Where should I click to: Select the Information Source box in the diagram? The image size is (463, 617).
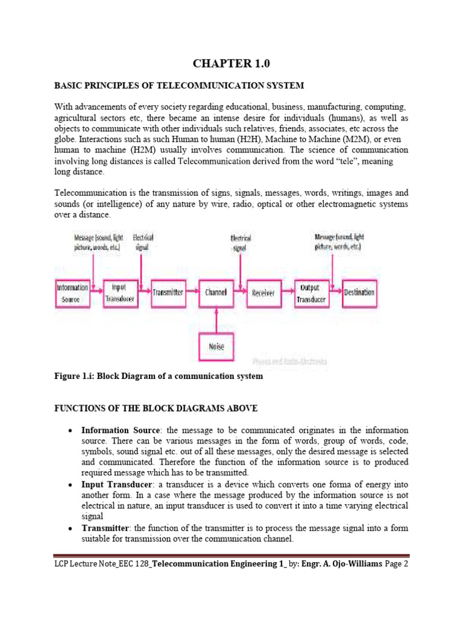click(72, 293)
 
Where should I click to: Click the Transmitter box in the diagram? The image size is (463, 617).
click(168, 292)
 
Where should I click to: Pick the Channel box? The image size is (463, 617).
click(216, 292)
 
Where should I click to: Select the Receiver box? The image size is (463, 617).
click(263, 292)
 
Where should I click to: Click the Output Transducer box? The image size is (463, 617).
click(311, 293)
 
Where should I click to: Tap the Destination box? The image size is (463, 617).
click(359, 292)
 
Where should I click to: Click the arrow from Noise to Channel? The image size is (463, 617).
click(216, 319)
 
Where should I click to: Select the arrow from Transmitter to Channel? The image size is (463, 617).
click(192, 292)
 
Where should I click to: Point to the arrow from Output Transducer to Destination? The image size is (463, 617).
click(335, 292)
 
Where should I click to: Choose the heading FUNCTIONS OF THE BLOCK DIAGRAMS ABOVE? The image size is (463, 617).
click(156, 409)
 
